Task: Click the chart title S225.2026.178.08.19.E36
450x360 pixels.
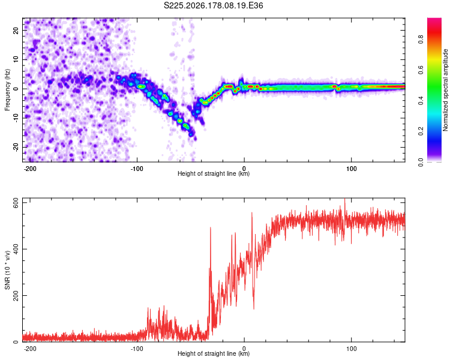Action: (x=213, y=5)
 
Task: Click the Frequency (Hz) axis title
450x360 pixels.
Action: (x=7, y=90)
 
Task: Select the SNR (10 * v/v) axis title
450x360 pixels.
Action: (x=7, y=270)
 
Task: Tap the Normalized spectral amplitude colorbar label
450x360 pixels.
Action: (x=445, y=90)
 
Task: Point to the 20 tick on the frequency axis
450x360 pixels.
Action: (x=16, y=30)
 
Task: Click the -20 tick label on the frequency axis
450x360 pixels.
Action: (x=16, y=147)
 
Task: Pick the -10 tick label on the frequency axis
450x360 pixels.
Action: (x=16, y=118)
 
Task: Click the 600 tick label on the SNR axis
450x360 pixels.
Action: (x=16, y=204)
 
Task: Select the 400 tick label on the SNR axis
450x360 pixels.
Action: (x=16, y=249)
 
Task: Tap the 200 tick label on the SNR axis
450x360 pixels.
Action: (x=16, y=295)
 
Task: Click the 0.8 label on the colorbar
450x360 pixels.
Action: (x=421, y=39)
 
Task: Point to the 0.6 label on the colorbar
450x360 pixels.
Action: (x=421, y=70)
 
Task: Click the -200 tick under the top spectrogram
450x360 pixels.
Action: (x=29, y=169)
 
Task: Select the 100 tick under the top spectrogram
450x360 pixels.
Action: (x=351, y=169)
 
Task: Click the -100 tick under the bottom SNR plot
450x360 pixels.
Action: (x=137, y=349)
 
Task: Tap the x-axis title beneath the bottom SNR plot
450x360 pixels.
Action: (x=214, y=353)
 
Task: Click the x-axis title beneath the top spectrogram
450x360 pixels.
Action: (x=214, y=173)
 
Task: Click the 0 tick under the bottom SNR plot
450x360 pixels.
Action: (x=244, y=349)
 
